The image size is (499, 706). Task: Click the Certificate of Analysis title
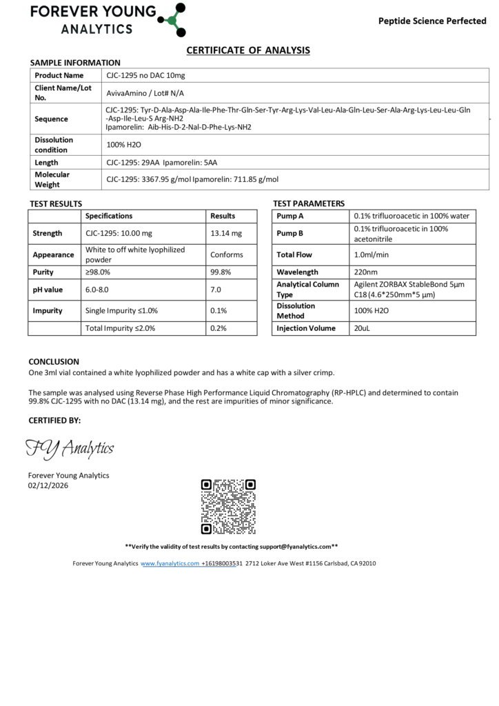pos(249,50)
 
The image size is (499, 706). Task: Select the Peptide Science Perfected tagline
pos(432,21)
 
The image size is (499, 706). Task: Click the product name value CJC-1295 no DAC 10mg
pos(146,75)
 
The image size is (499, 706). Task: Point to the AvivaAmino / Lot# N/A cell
pos(145,93)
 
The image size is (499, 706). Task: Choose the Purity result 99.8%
pos(221,272)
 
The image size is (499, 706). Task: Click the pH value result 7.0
pos(216,290)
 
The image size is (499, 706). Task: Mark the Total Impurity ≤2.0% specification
pos(121,328)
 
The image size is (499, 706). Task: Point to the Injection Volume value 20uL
pos(363,328)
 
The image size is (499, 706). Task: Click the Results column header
pos(223,216)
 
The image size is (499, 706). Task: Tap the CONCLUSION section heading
pos(54,361)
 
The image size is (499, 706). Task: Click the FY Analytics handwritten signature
pos(70,449)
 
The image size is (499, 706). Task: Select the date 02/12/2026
pos(48,485)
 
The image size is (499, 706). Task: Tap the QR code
pos(228,507)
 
